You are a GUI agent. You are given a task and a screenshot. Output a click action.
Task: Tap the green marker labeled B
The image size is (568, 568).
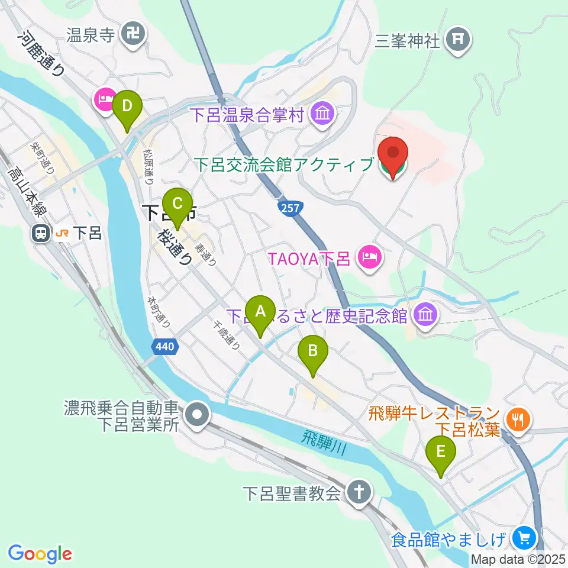[313, 351]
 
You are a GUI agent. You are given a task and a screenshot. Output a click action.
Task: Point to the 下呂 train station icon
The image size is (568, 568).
[41, 234]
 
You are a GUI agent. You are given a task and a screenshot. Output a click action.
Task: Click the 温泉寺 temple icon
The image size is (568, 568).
[130, 34]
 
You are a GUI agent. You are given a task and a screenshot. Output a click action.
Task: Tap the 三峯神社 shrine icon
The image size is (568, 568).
[459, 40]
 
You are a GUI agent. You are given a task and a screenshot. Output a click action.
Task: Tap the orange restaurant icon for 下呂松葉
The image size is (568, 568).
[519, 419]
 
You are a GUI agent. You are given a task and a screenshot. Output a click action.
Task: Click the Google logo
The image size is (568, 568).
[40, 554]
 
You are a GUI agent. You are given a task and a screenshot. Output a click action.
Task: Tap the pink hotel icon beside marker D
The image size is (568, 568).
[105, 99]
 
